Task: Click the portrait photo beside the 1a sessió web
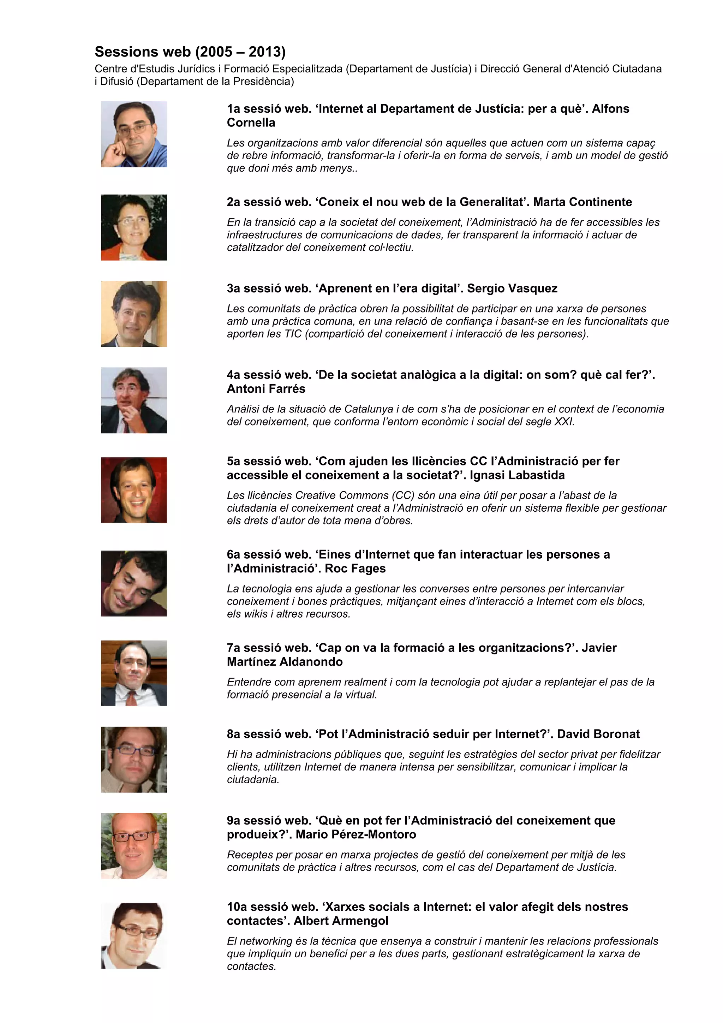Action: tap(134, 134)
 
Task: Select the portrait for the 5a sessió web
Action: tap(134, 490)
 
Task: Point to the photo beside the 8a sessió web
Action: tap(134, 760)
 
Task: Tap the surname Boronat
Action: tap(614, 734)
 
